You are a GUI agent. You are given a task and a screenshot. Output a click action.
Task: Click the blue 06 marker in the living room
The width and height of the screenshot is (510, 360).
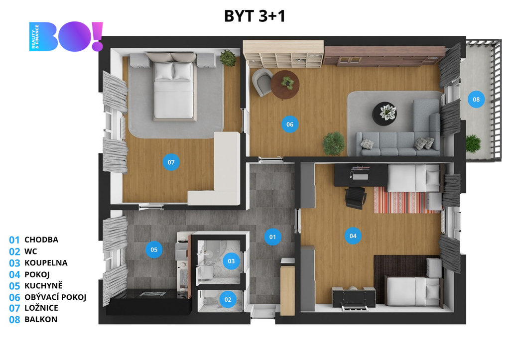(x=290, y=124)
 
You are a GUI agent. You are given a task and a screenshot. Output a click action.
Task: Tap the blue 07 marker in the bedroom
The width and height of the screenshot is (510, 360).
(x=171, y=162)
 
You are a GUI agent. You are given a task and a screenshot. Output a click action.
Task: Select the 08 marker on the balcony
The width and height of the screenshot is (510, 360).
(x=476, y=99)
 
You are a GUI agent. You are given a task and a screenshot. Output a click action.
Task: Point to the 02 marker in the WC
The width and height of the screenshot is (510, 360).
(x=228, y=300)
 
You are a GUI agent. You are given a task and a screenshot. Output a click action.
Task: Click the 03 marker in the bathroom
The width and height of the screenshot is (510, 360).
(x=231, y=261)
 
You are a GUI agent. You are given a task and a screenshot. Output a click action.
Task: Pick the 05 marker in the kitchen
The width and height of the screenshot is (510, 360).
(x=154, y=249)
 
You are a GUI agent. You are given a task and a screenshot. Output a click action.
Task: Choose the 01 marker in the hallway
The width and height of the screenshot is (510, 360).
(x=272, y=237)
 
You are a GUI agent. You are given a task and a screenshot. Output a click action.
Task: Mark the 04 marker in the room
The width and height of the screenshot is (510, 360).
(x=353, y=236)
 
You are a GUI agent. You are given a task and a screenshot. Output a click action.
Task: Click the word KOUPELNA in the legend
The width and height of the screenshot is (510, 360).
(x=46, y=263)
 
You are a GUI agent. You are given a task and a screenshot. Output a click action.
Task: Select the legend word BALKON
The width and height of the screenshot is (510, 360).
(x=41, y=319)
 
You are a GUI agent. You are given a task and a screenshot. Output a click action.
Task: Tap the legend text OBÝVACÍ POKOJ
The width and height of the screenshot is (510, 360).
(x=55, y=297)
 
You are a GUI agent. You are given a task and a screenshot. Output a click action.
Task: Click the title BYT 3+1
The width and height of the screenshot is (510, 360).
(x=255, y=15)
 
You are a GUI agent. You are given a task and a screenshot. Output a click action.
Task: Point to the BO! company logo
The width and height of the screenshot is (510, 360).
(x=66, y=36)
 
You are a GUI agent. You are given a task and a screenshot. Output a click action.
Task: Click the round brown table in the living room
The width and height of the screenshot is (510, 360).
(x=285, y=85)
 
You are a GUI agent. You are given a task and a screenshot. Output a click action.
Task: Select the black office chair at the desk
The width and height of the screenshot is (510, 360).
(x=356, y=198)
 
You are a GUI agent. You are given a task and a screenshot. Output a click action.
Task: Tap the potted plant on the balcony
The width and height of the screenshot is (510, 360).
(x=473, y=143)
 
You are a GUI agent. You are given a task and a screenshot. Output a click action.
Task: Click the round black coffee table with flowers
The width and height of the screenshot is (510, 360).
(x=385, y=114)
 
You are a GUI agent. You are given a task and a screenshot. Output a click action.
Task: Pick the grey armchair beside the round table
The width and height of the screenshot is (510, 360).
(x=262, y=82)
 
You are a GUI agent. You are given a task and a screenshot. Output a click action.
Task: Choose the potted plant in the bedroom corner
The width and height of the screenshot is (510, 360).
(x=228, y=58)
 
